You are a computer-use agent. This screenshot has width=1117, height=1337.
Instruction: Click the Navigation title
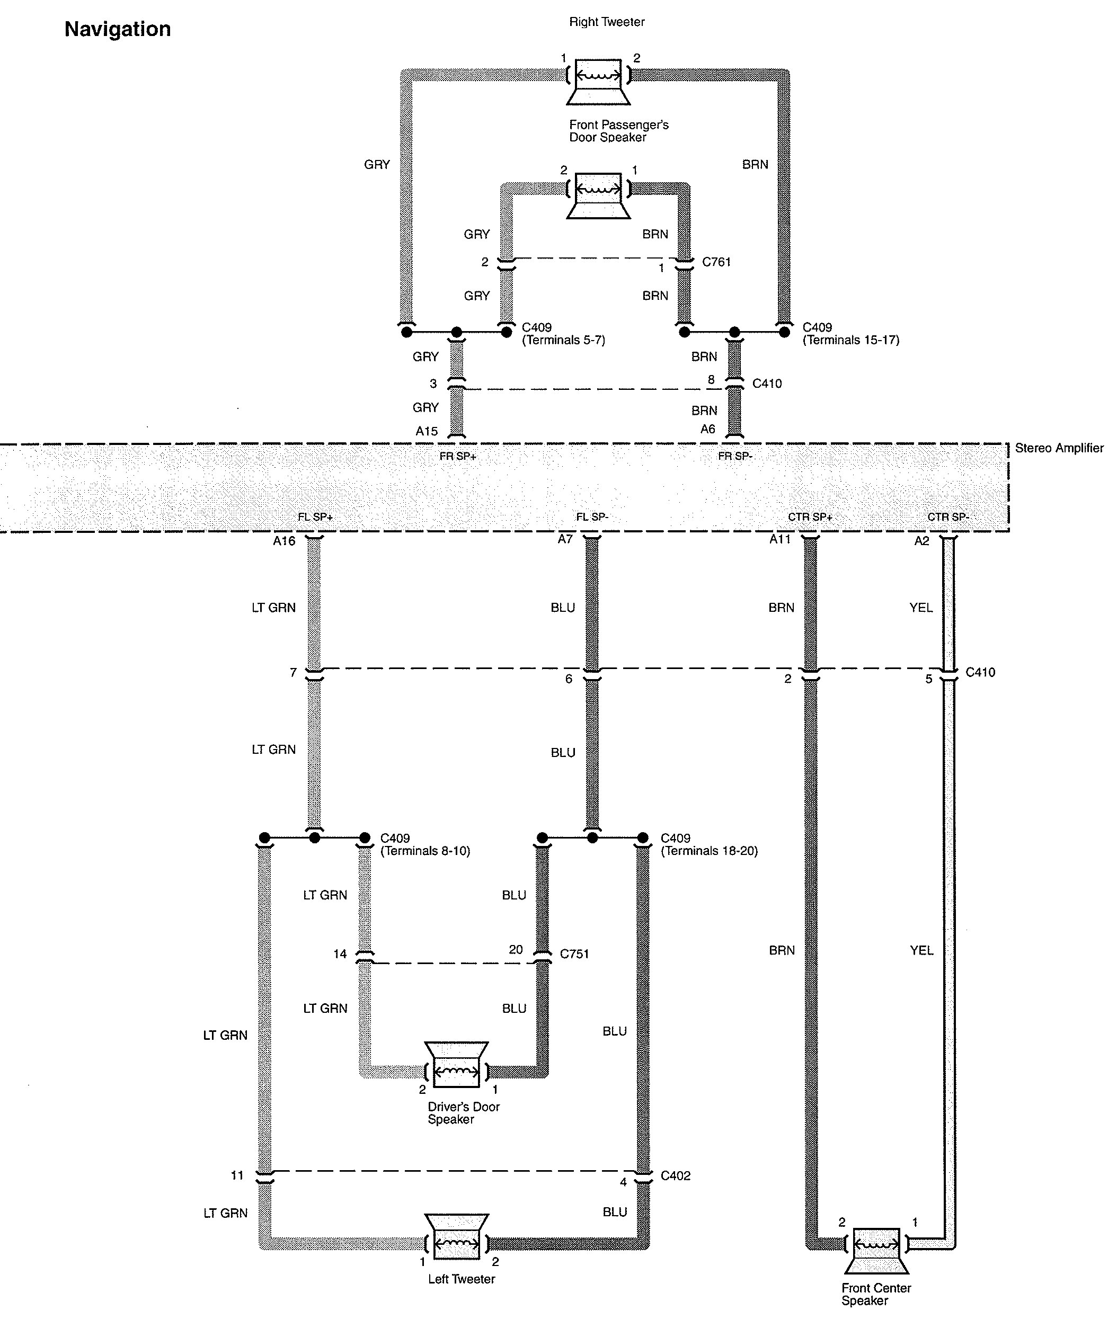[x=118, y=30]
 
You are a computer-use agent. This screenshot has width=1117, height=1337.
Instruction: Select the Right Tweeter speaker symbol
[x=599, y=81]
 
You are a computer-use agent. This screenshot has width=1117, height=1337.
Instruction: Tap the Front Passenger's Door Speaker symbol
[x=599, y=194]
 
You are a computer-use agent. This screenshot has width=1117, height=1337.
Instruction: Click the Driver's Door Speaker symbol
[x=457, y=1065]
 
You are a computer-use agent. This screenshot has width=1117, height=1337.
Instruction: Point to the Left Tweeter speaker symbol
[x=457, y=1236]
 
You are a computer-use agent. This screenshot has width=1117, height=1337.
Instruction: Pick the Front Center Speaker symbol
[x=876, y=1252]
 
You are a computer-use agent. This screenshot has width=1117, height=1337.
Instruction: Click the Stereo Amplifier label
[x=1059, y=448]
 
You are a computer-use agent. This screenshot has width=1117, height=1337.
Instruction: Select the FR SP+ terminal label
[x=458, y=457]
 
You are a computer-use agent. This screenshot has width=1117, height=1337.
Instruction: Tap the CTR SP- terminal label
[x=948, y=517]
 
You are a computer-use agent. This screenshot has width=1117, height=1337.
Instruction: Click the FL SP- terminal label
[x=592, y=517]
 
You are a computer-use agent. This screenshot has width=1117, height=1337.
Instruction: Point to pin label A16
[x=284, y=541]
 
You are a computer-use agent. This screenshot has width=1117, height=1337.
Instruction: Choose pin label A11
[x=780, y=540]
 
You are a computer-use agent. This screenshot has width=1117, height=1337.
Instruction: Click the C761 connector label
[x=716, y=262]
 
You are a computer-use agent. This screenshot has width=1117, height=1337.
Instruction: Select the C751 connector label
[x=574, y=953]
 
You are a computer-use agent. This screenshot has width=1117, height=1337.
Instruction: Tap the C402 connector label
[x=676, y=1176]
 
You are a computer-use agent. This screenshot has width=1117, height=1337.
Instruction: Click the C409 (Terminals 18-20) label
[x=710, y=844]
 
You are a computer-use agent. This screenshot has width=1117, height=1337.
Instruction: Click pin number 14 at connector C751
[x=340, y=953]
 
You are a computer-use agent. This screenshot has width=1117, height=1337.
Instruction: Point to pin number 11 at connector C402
[x=237, y=1175]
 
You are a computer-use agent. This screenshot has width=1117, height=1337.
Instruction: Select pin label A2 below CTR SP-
[x=921, y=541]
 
